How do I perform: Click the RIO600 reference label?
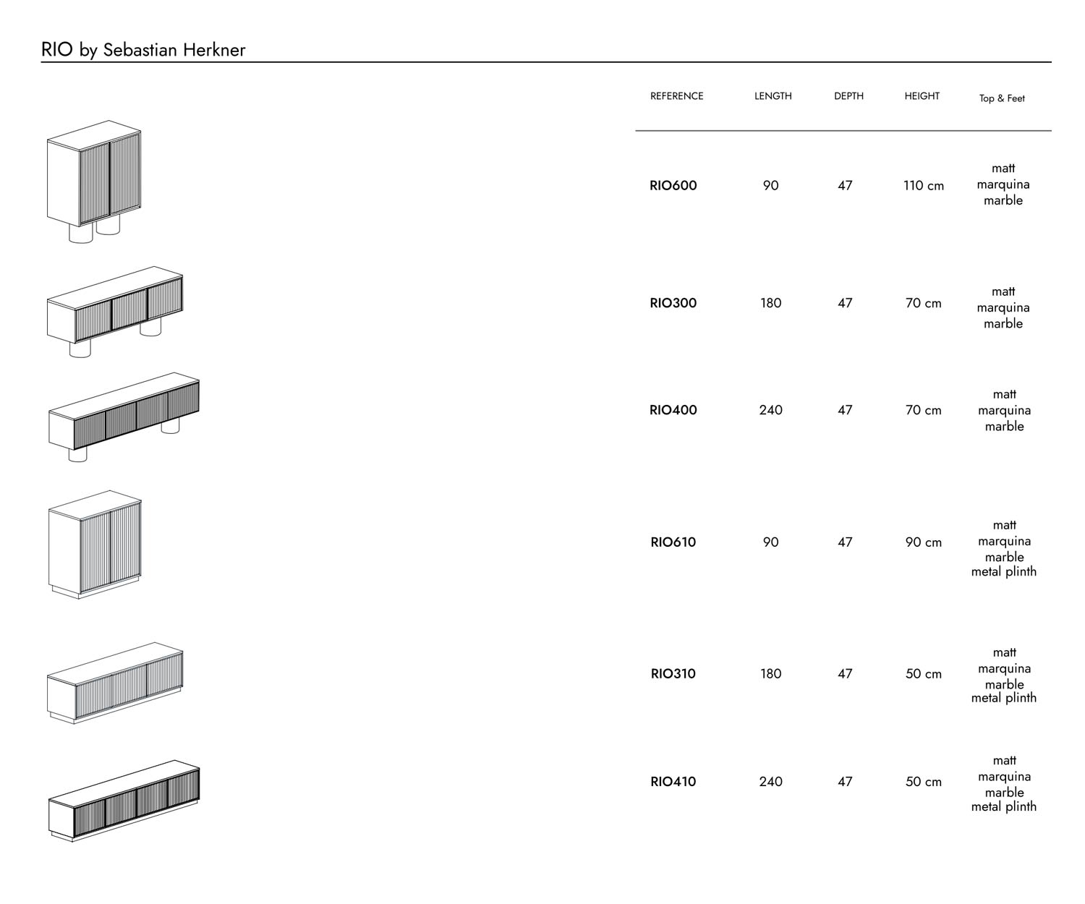click(673, 186)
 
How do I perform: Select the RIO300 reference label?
click(673, 304)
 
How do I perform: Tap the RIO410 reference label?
click(673, 782)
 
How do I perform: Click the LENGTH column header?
click(773, 96)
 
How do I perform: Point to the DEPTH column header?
click(848, 96)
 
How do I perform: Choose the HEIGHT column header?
click(922, 96)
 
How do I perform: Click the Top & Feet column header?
click(1002, 98)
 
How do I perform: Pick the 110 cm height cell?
click(923, 186)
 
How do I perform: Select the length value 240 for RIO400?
click(770, 411)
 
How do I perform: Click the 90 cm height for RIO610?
click(923, 542)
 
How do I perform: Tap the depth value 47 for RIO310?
click(845, 674)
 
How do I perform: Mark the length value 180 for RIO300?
click(770, 304)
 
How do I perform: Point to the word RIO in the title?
click(56, 50)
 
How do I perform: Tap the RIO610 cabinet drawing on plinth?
click(95, 544)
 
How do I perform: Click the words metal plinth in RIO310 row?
click(1003, 699)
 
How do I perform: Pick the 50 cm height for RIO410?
click(923, 782)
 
